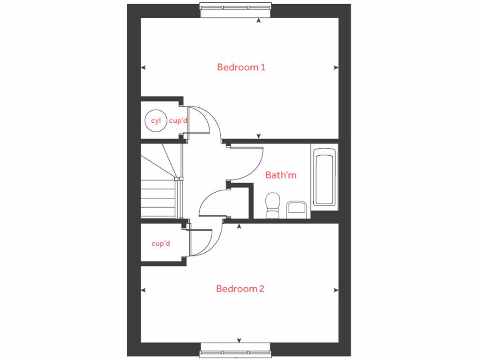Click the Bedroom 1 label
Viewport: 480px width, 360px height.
point(241,67)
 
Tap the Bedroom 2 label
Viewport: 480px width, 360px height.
point(240,289)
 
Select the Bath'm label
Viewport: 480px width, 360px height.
point(281,175)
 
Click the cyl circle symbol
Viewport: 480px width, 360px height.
point(156,121)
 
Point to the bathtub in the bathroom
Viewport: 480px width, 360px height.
point(324,177)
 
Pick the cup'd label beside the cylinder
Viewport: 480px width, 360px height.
point(178,121)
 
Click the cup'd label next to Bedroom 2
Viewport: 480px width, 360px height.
point(161,244)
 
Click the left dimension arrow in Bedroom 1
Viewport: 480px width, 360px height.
point(143,67)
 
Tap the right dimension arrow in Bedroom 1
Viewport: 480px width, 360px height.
point(336,67)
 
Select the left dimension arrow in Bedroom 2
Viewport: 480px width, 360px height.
point(143,290)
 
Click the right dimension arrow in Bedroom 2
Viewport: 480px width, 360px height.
point(336,290)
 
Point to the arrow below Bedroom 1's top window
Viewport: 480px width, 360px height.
point(258,20)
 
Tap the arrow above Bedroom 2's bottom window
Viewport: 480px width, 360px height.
point(239,340)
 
